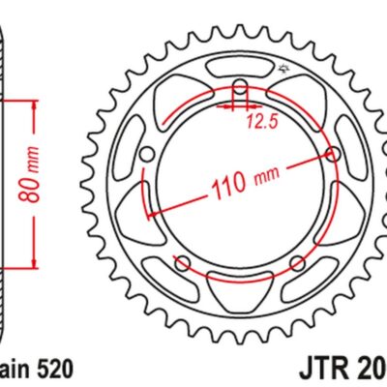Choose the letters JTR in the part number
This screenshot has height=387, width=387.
314,369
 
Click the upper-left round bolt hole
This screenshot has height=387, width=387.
145,154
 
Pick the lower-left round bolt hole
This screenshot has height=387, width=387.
182,261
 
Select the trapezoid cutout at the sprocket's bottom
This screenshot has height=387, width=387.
239,284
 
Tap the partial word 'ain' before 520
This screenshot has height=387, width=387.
14,369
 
